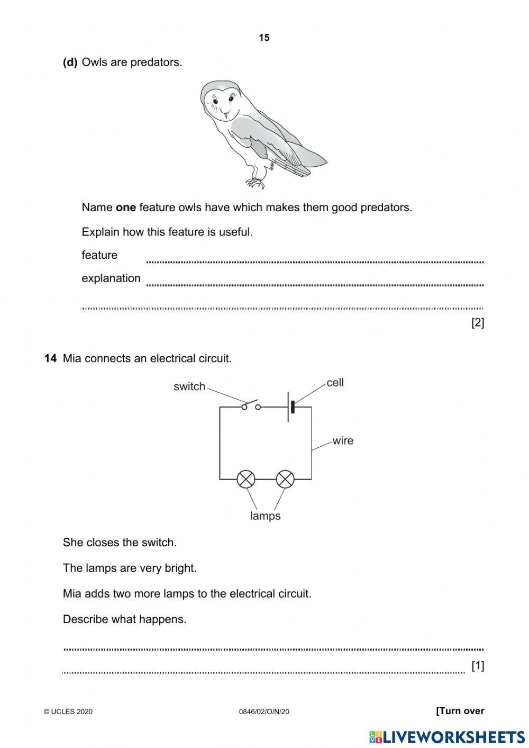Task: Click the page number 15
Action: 264,38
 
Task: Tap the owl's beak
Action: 225,114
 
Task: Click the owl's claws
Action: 256,183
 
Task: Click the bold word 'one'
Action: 126,208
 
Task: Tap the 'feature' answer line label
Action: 99,255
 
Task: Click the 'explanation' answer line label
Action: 111,278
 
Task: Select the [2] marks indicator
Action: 477,322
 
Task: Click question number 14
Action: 50,358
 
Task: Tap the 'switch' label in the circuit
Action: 189,386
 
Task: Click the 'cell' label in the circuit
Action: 335,383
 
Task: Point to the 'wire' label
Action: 343,440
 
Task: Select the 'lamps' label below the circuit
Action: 265,516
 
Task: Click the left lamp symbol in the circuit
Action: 245,480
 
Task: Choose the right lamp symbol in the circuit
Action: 286,480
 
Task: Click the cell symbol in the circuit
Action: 290,407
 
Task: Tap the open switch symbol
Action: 251,405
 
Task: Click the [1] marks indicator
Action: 477,665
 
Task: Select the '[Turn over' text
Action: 460,711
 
